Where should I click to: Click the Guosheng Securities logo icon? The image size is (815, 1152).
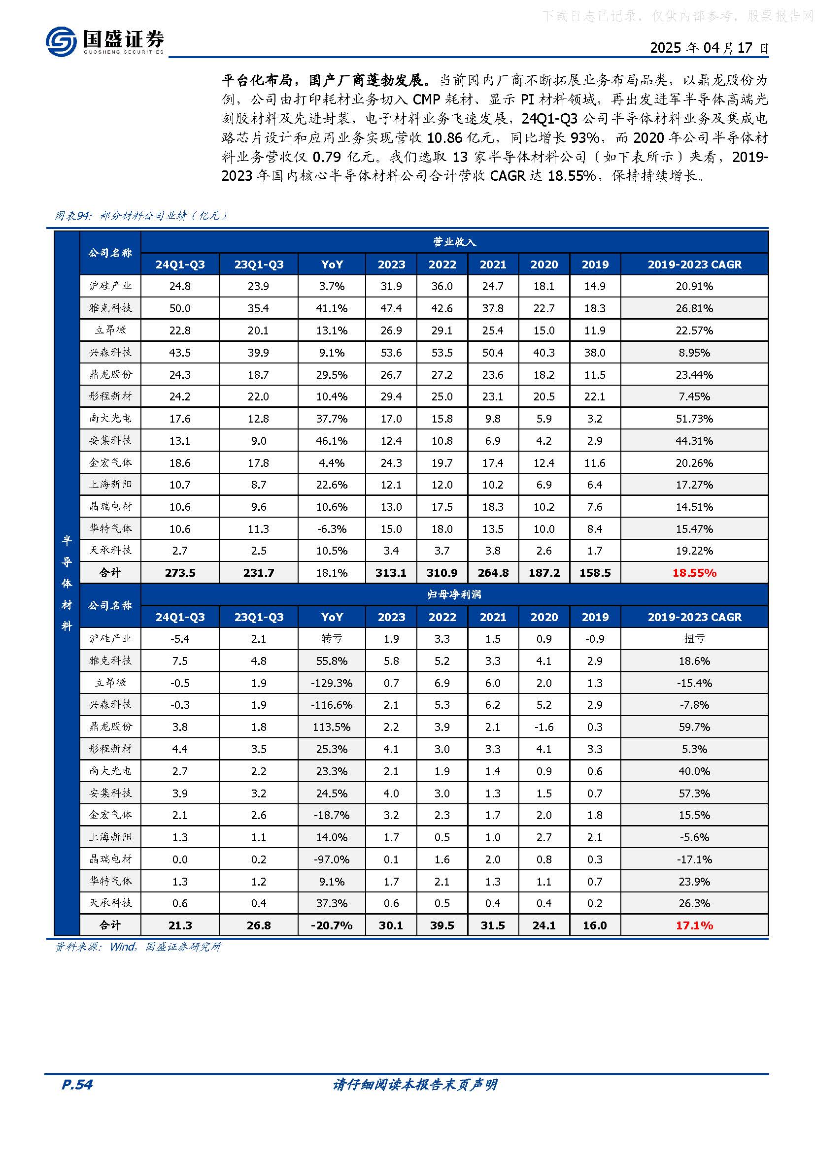61,41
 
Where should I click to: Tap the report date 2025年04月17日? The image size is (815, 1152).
709,48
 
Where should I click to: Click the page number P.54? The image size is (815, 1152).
77,1084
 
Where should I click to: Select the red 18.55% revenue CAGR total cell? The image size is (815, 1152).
694,572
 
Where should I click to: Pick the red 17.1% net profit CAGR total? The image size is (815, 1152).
694,925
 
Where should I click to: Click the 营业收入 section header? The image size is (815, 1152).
454,242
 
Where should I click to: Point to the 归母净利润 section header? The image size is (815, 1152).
454,594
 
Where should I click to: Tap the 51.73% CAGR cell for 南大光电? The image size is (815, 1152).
694,419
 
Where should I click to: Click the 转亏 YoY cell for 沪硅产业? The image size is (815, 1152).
332,639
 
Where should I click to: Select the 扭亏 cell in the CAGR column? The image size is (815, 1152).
694,639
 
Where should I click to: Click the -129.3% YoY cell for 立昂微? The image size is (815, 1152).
332,683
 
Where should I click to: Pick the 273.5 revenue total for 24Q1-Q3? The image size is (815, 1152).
180,572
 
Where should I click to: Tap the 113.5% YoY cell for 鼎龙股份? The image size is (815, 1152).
332,727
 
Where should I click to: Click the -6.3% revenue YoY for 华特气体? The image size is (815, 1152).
332,529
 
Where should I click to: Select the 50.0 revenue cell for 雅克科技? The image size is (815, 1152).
180,308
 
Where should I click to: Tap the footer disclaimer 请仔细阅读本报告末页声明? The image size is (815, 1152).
414,1084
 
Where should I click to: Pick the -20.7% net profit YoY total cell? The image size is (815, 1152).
332,925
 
